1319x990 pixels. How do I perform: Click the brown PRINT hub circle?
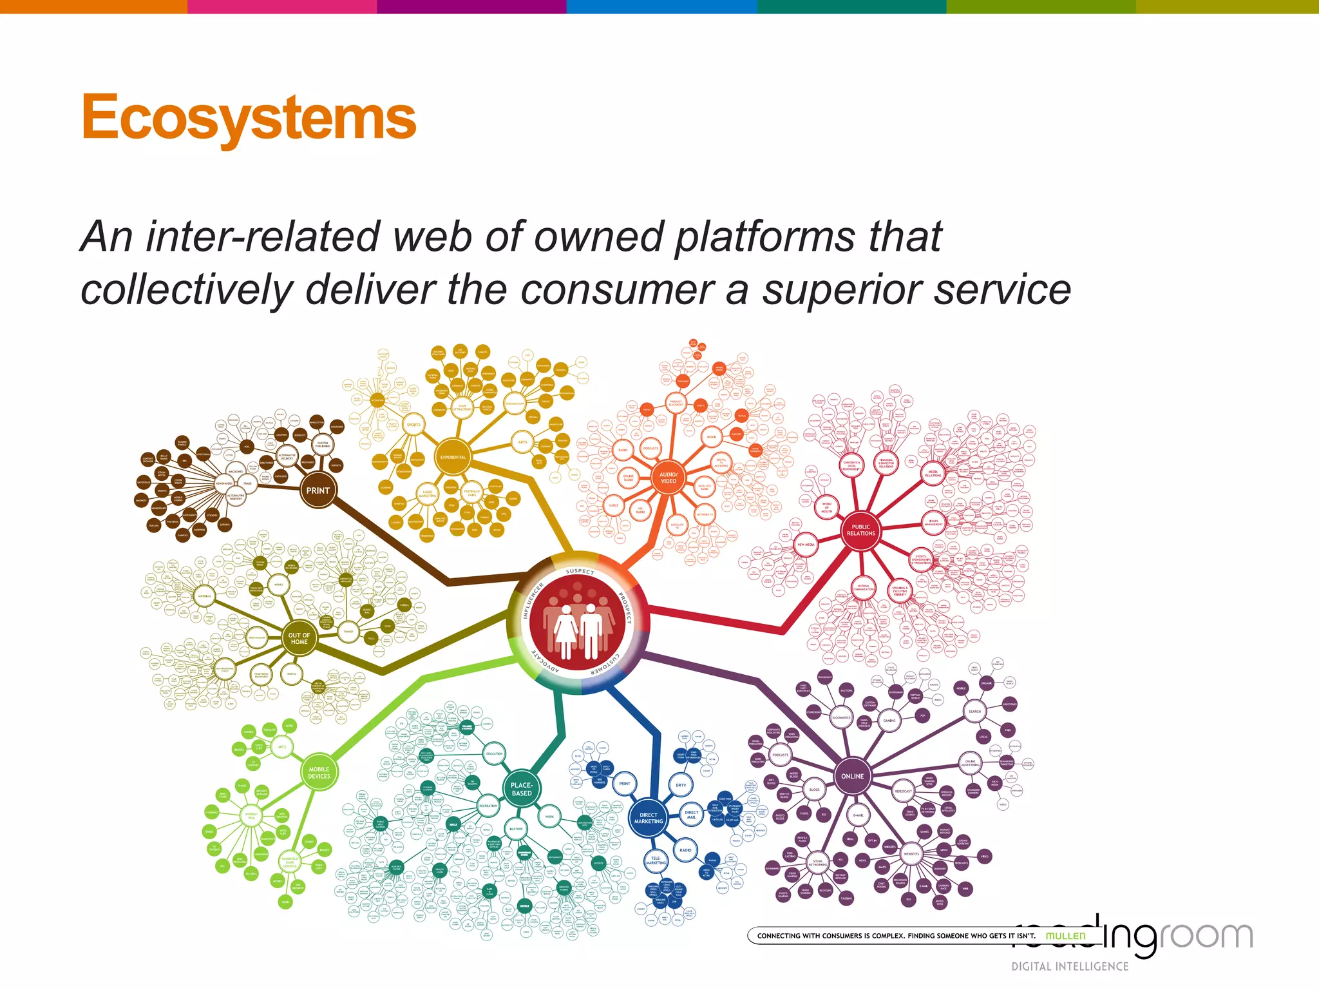point(318,490)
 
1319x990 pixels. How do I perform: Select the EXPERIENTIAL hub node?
point(453,457)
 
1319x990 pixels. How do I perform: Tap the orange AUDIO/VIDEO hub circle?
point(669,478)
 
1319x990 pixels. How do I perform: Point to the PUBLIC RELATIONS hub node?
point(860,530)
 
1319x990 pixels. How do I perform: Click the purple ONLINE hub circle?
point(852,776)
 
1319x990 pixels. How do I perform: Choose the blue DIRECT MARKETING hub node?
point(648,818)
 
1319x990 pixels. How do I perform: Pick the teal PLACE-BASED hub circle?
point(522,789)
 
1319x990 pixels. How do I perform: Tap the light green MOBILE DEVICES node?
point(319,772)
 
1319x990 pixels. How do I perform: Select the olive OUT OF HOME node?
point(299,638)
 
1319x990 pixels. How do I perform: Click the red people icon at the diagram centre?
point(578,623)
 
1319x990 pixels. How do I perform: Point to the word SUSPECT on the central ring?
point(580,571)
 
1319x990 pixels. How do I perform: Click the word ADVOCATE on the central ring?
point(545,662)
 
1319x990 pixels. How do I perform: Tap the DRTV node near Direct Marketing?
point(681,785)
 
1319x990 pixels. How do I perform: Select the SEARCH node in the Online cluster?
point(974,712)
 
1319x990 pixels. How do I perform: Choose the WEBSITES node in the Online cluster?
point(911,854)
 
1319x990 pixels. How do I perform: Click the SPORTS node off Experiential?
point(413,425)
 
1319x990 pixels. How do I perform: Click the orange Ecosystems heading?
point(249,117)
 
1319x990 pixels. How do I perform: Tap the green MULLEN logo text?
point(1065,936)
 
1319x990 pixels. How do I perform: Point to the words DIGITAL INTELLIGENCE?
point(1070,966)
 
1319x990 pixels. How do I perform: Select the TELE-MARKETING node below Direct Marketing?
point(656,860)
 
